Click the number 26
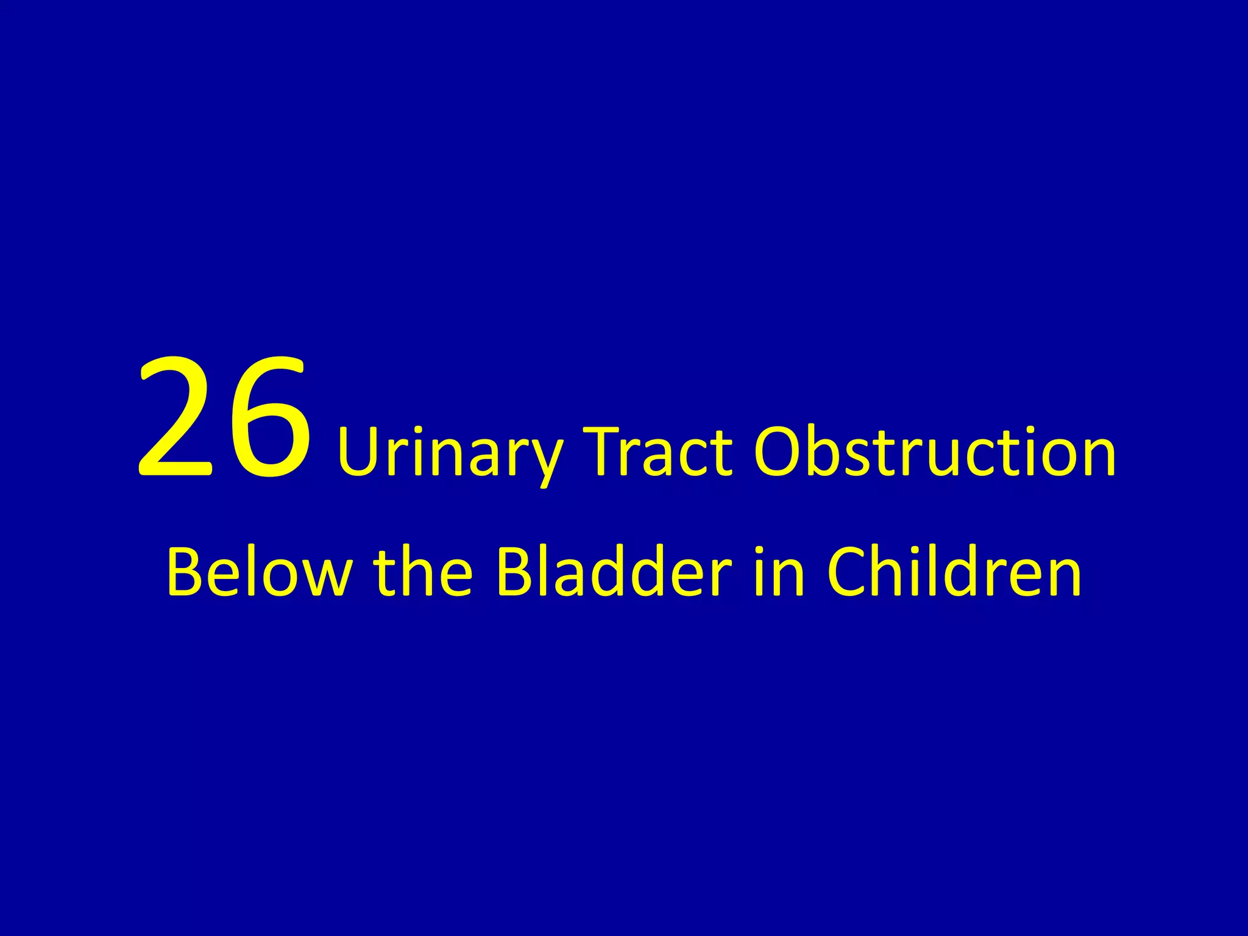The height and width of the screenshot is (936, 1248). coord(223,417)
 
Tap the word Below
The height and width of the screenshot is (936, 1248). coord(258,572)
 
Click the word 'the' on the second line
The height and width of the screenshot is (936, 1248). coord(423,572)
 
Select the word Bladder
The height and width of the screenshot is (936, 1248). coord(613,572)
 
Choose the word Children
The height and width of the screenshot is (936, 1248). coord(954,572)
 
